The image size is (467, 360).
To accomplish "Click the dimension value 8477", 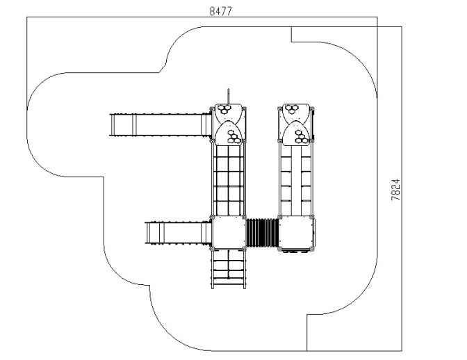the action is point(220,11).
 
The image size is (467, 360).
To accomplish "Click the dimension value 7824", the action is point(395,190).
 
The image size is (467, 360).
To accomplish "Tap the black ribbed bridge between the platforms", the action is point(262,233).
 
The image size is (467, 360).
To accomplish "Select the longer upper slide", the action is point(161,125).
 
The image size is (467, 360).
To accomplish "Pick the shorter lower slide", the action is point(179,233).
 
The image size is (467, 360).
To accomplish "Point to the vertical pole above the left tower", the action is point(228,96).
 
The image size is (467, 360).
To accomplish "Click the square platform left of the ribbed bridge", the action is point(228,233).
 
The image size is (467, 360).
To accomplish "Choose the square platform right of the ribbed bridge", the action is point(296,233).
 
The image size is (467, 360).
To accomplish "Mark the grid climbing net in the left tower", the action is point(228,181).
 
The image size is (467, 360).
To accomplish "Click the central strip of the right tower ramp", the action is point(296,181).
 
